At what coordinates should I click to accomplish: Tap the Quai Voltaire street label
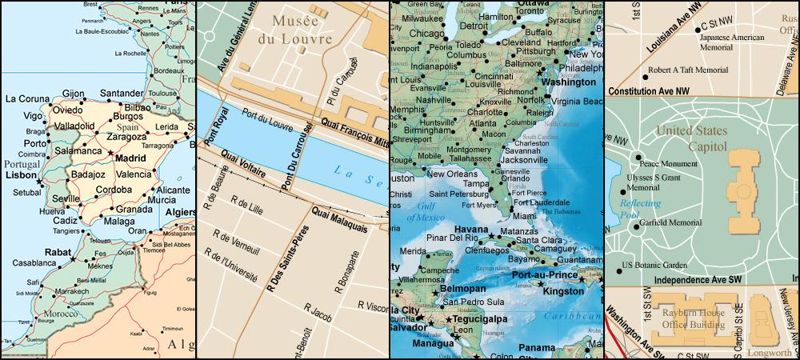tap(244, 164)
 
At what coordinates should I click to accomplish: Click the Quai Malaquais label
tap(339, 220)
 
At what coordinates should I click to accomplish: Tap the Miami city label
tap(524, 216)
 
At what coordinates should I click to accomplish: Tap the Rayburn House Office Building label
tap(691, 320)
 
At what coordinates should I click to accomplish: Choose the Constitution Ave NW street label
tap(650, 92)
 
